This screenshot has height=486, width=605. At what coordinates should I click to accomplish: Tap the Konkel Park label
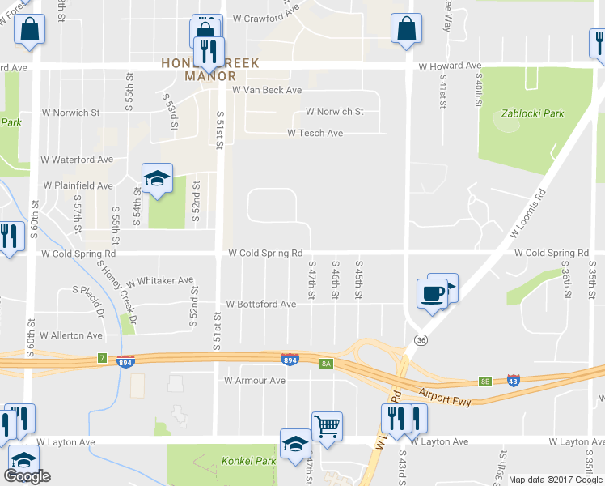point(248,461)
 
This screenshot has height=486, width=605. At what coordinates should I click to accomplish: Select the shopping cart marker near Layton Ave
point(327,425)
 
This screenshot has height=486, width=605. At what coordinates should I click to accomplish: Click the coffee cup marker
point(432,292)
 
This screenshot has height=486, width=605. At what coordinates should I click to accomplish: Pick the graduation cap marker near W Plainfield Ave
point(158,179)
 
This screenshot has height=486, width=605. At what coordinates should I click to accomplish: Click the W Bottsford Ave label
point(261,305)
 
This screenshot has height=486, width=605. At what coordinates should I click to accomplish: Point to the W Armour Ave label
point(255,380)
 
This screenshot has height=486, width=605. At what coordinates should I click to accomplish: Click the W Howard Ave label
point(450,66)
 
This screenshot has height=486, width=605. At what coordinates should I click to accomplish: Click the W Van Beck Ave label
point(267,91)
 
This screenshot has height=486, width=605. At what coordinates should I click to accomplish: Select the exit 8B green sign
point(484,380)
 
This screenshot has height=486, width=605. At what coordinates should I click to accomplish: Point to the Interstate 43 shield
point(513,378)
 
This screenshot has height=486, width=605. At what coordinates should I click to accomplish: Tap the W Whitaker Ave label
point(159,280)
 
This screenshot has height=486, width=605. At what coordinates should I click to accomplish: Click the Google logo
point(27,476)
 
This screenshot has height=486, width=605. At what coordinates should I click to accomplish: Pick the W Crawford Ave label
point(266,17)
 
